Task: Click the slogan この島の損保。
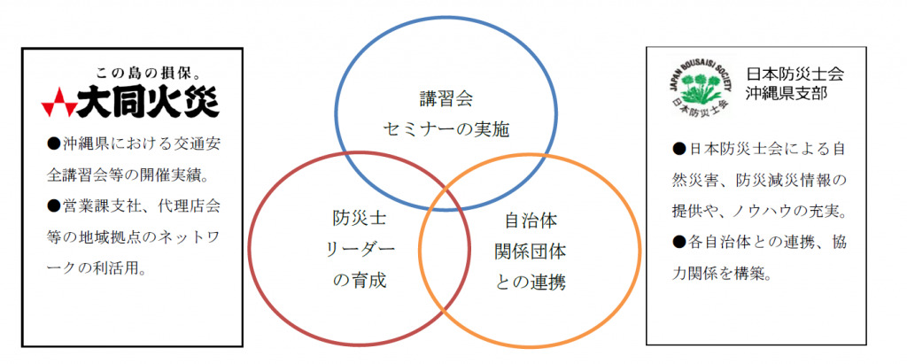click(156, 74)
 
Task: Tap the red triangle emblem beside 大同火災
click(58, 103)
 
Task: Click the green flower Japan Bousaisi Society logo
click(700, 86)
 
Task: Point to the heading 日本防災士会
click(795, 74)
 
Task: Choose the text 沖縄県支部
click(787, 92)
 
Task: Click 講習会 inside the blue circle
click(446, 97)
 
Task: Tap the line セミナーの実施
click(446, 129)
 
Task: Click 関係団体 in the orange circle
click(530, 252)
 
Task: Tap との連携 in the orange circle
click(530, 283)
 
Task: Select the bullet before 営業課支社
click(51, 206)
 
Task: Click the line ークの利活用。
click(96, 268)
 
